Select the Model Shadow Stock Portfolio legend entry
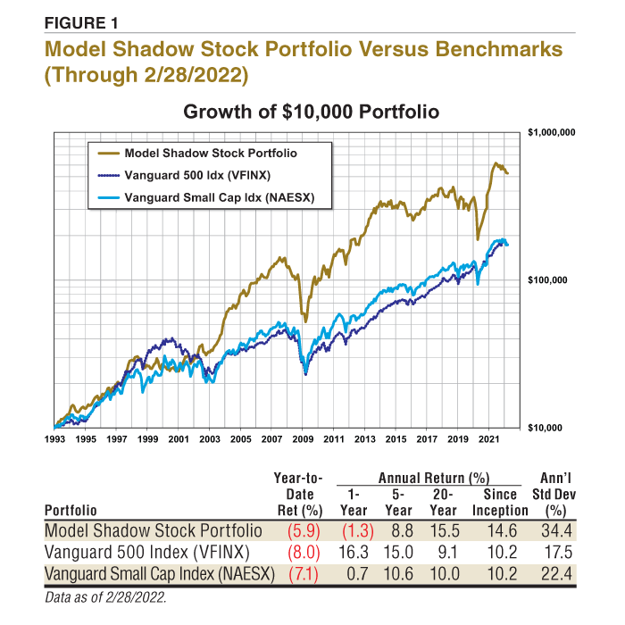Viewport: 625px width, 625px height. point(210,153)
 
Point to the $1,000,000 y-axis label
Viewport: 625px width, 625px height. point(551,132)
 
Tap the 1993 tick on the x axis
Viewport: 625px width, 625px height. point(55,440)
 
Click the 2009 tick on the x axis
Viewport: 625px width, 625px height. point(303,440)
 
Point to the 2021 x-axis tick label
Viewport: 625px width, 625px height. point(488,440)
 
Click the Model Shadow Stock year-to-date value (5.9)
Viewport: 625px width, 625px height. point(304,530)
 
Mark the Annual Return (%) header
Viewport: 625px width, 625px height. point(425,477)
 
